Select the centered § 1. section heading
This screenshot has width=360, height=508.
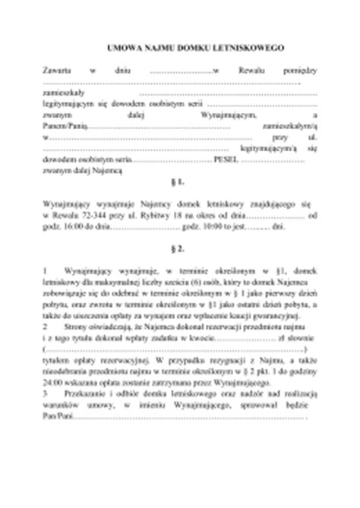(x=179, y=183)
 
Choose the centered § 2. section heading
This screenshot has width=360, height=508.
(x=179, y=248)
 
